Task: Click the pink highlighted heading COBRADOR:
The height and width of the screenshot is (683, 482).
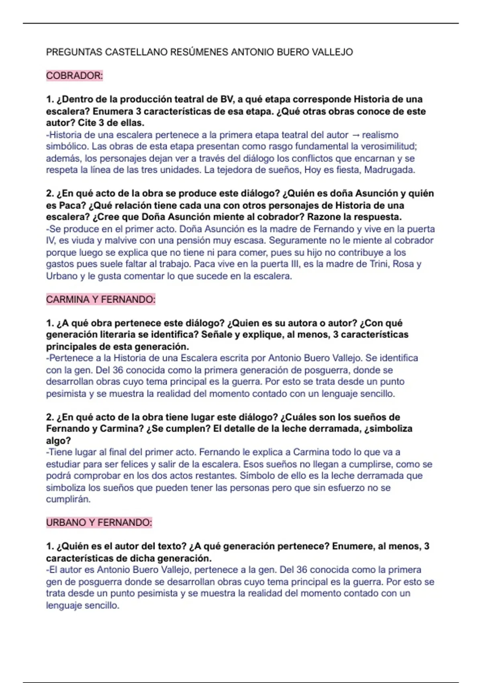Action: coord(74,76)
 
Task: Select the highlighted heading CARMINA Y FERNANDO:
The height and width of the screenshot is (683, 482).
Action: coord(100,299)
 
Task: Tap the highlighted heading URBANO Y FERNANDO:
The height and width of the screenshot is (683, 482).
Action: coord(99,523)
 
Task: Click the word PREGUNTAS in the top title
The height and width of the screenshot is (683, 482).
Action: coord(74,52)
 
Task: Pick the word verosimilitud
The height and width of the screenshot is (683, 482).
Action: coord(388,147)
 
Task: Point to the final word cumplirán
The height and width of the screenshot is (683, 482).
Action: coord(68,499)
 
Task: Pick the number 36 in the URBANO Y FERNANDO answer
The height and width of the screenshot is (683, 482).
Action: coord(302,570)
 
